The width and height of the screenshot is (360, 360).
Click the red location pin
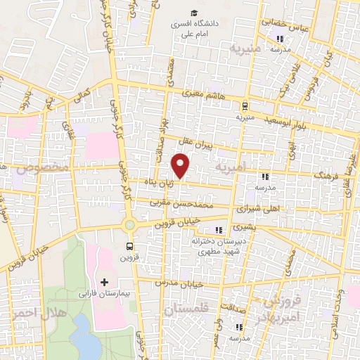click(x=181, y=165)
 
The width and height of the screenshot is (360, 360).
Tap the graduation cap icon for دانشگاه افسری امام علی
click(x=193, y=13)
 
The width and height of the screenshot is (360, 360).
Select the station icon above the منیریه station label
click(x=244, y=108)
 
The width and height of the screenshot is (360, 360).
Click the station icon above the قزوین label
click(x=129, y=246)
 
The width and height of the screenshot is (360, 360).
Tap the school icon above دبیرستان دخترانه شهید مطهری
click(x=219, y=229)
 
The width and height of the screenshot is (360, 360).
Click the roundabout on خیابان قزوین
click(x=129, y=225)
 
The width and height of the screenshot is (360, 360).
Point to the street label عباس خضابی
click(x=287, y=24)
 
